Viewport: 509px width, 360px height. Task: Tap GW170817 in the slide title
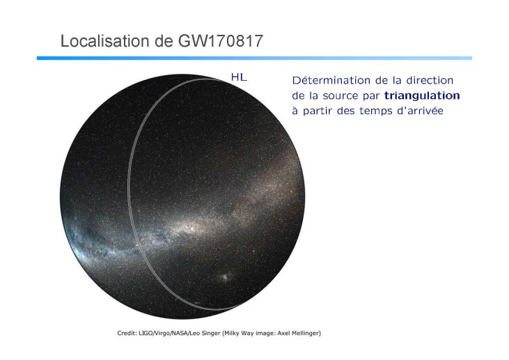(x=221, y=41)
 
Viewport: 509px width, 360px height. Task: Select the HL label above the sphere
(x=239, y=77)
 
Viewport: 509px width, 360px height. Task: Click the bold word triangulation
(x=422, y=96)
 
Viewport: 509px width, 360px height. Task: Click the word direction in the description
(x=430, y=80)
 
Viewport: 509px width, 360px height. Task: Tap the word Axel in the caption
(x=283, y=333)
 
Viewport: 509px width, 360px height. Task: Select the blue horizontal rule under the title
(x=255, y=58)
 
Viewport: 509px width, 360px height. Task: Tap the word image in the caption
(x=266, y=334)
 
